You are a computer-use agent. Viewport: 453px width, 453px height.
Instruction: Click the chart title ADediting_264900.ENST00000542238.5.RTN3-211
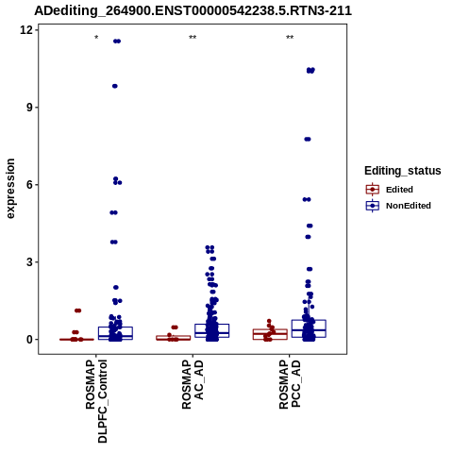click(193, 11)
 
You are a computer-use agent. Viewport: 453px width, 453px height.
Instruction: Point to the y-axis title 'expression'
click(10, 189)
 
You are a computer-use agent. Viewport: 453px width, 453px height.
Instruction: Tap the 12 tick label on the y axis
click(26, 30)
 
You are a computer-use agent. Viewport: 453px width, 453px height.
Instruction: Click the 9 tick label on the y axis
click(30, 108)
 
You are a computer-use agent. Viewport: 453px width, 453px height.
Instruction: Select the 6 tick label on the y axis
click(30, 185)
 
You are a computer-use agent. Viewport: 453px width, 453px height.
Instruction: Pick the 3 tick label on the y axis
click(30, 262)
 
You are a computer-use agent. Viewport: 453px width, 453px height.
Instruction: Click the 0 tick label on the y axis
click(30, 340)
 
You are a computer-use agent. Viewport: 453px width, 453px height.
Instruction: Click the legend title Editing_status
click(403, 171)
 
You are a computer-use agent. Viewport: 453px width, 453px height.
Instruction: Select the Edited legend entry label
click(399, 190)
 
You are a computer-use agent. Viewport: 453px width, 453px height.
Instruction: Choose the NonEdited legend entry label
click(409, 206)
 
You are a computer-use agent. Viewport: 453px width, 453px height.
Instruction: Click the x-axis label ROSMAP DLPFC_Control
click(96, 401)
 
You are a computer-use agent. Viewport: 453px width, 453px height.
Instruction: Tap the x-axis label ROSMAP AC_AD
click(193, 384)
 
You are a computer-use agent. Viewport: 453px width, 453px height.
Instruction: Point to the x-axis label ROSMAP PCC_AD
click(290, 384)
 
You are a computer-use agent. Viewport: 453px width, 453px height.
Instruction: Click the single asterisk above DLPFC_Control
click(96, 38)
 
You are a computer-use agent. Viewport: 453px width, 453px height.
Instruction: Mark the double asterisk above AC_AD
click(193, 38)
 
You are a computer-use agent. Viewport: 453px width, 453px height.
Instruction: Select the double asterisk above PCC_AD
click(290, 38)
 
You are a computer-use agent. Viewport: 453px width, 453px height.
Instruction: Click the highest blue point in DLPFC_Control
click(117, 42)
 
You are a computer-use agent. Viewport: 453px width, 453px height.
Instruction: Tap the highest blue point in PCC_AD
click(310, 71)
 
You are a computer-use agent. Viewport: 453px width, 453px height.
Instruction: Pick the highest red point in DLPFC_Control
click(77, 310)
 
